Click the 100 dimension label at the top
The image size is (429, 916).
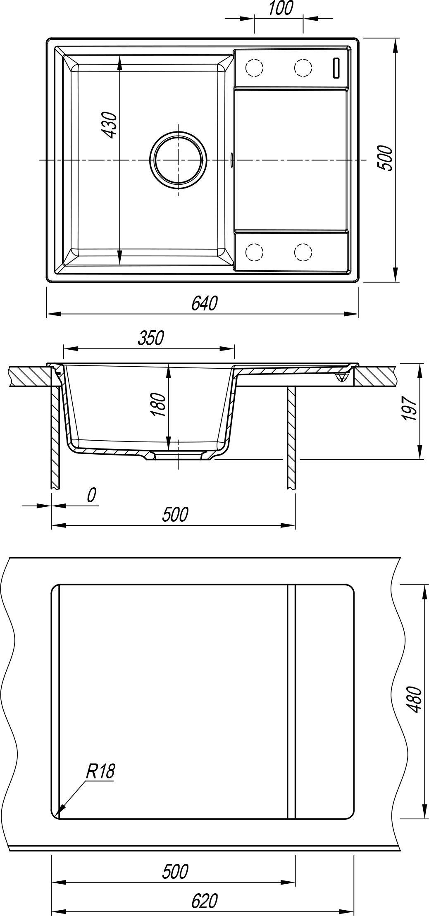[281, 9]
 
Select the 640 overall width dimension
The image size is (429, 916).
[204, 304]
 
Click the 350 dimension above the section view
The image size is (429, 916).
[151, 338]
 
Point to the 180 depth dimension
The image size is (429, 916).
[159, 405]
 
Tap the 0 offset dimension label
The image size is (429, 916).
[92, 495]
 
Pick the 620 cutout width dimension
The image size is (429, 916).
[204, 901]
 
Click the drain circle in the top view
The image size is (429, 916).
[178, 160]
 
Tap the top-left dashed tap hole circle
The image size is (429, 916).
[254, 67]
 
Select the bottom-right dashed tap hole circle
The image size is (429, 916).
[303, 251]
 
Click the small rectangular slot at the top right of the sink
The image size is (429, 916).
[336, 68]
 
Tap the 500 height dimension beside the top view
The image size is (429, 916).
[384, 157]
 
